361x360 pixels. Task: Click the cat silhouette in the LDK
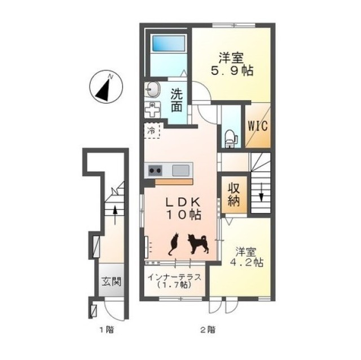pos(174,244)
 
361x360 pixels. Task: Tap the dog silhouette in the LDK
pos(199,244)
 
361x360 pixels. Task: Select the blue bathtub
pos(169,43)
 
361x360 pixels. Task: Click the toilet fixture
pos(231,139)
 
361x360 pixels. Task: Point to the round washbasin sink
pos(152,89)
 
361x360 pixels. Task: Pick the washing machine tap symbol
pos(152,110)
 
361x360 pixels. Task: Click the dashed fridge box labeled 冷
pos(152,131)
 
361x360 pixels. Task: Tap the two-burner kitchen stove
pos(155,171)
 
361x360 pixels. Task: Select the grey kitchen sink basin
pos(180,171)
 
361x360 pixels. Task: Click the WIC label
pos(258,126)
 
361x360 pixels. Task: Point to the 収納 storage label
pos(234,195)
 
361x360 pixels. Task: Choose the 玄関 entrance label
pos(112,281)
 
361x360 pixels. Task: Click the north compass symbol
pos(106,87)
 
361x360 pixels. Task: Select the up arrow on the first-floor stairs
pos(115,215)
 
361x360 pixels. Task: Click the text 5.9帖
pos(232,71)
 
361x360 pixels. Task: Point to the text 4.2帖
pos(247,263)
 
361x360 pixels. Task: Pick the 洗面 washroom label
pos(177,100)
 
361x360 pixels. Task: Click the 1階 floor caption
pos(107,330)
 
